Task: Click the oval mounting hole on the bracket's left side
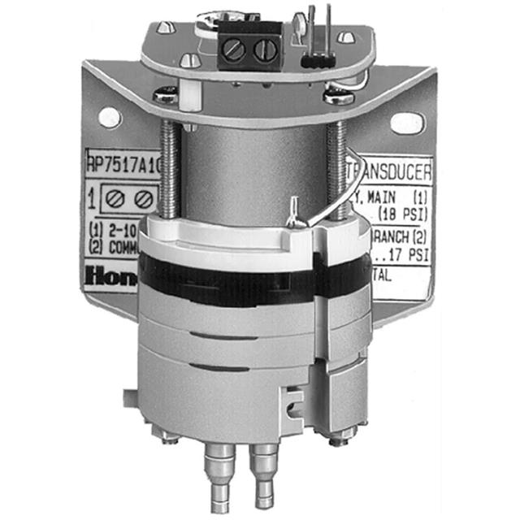coord(109,117)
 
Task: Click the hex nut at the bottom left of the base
coord(169,436)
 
